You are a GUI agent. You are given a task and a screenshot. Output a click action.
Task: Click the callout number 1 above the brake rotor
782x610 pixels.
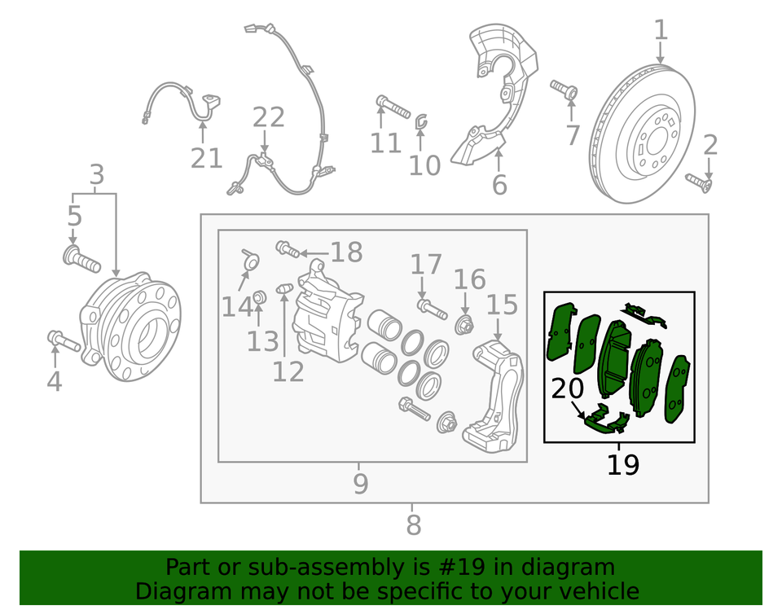pos(661,31)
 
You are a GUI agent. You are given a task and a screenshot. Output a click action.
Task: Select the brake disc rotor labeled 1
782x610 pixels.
pos(643,134)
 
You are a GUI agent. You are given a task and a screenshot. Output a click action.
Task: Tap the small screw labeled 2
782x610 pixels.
pos(697,182)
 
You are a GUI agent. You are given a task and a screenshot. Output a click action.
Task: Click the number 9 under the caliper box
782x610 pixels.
pos(361,485)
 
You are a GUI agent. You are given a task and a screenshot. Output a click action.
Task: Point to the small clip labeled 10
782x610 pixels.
pos(421,122)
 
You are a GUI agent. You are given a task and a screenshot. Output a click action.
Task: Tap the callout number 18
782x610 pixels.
pos(346,252)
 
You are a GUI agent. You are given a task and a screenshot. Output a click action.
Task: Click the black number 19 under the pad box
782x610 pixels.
pos(622,465)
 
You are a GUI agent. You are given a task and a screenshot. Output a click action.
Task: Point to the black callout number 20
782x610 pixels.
pos(569,389)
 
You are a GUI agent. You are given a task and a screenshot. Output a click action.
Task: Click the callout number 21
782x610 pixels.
pos(206,157)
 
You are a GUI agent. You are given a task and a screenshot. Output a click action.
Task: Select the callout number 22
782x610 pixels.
pos(268,118)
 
